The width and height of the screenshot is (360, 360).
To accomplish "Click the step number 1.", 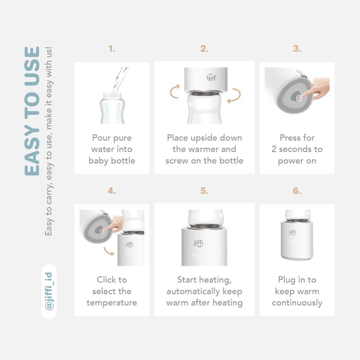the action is click(x=112, y=49).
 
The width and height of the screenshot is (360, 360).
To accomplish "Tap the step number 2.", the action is click(x=204, y=49).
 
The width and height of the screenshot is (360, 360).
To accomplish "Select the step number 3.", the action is click(x=297, y=49).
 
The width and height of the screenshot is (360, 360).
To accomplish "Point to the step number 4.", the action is click(x=112, y=191).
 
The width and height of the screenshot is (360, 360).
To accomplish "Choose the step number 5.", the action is click(x=204, y=191).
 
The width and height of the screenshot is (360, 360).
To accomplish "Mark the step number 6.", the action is click(x=297, y=191).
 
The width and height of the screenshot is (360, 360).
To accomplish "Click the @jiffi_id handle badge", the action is click(x=49, y=292).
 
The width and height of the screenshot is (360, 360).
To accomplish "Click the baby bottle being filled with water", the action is click(x=112, y=108).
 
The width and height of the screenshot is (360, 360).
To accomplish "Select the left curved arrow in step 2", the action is click(x=174, y=91).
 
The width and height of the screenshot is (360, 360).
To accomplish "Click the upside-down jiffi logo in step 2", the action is click(x=212, y=77).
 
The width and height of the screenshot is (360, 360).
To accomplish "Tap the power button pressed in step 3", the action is click(x=299, y=98).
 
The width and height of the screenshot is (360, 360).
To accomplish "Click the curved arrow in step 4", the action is click(x=108, y=251).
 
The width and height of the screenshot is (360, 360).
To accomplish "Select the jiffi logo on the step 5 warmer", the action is click(x=198, y=243).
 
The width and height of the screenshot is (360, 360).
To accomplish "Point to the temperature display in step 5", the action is click(x=198, y=256).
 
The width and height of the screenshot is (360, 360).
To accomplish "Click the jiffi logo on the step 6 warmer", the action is click(x=292, y=232).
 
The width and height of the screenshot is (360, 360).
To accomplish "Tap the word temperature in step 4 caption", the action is click(x=112, y=303).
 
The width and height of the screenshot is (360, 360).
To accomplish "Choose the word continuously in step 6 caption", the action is click(x=297, y=303).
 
